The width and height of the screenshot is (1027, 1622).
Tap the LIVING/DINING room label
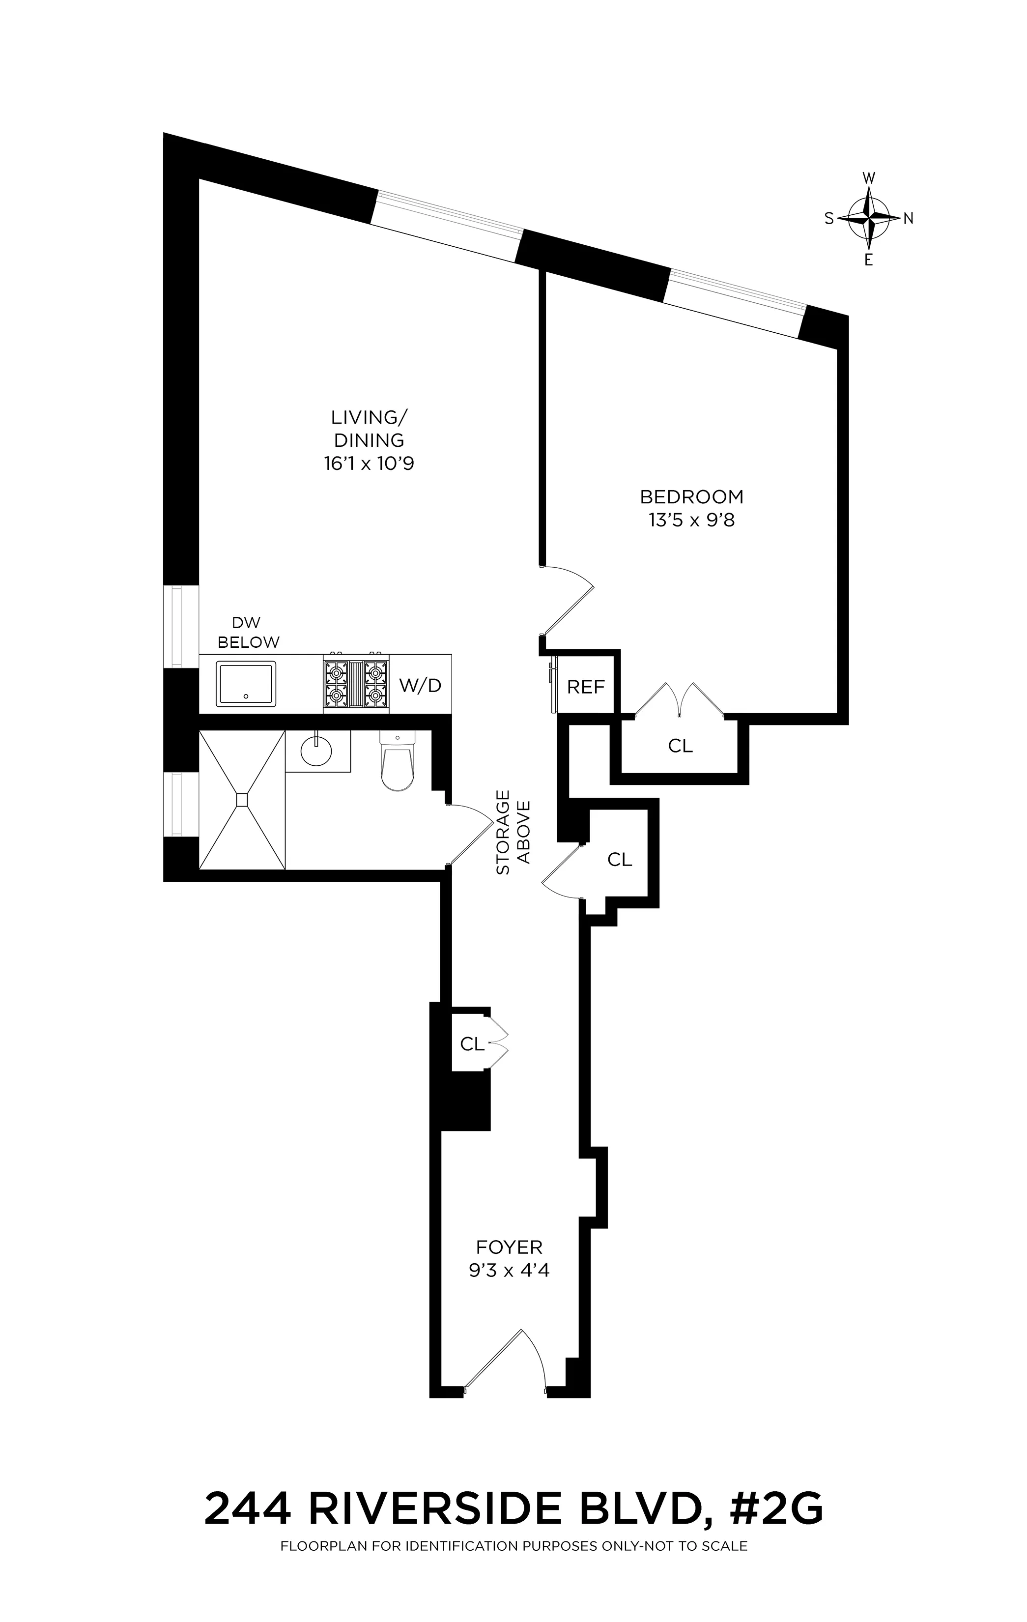click(x=369, y=429)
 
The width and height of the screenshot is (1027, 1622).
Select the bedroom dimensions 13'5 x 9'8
click(x=691, y=520)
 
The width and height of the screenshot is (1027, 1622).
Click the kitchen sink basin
click(x=246, y=684)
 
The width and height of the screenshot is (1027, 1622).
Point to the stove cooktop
click(x=356, y=683)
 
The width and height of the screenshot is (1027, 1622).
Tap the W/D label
click(x=420, y=686)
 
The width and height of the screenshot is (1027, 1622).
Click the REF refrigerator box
click(x=586, y=687)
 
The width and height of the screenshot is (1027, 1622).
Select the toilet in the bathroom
click(x=398, y=761)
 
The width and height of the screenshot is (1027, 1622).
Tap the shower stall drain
click(x=242, y=798)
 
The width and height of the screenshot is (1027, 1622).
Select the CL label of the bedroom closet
click(x=680, y=746)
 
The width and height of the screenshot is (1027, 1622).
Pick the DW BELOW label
click(x=248, y=633)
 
